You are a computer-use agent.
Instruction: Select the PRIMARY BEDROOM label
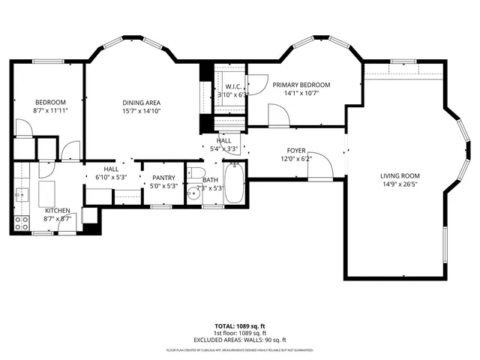pyautogui.click(x=303, y=85)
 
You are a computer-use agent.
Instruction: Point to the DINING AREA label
pyautogui.click(x=142, y=103)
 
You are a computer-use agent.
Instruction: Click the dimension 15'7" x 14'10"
pyautogui.click(x=142, y=111)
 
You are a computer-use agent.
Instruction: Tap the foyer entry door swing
pyautogui.click(x=318, y=163)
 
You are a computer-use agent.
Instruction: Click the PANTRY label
pyautogui.click(x=163, y=178)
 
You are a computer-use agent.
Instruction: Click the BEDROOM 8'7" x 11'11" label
pyautogui.click(x=50, y=103)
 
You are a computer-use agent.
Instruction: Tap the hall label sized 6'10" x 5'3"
pyautogui.click(x=111, y=169)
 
